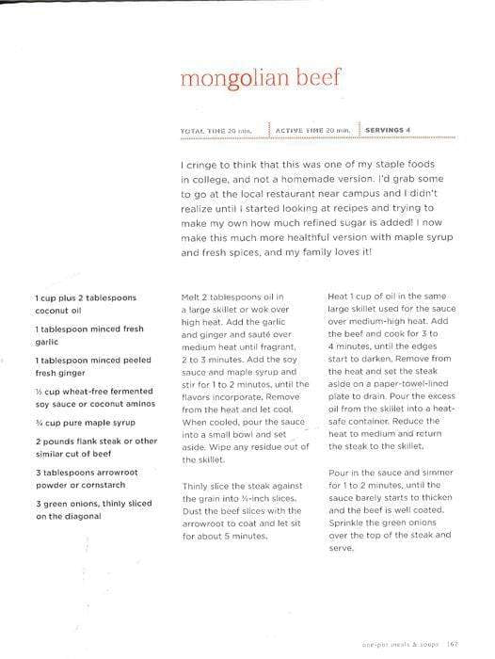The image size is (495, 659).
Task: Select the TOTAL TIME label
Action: click(204, 130)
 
